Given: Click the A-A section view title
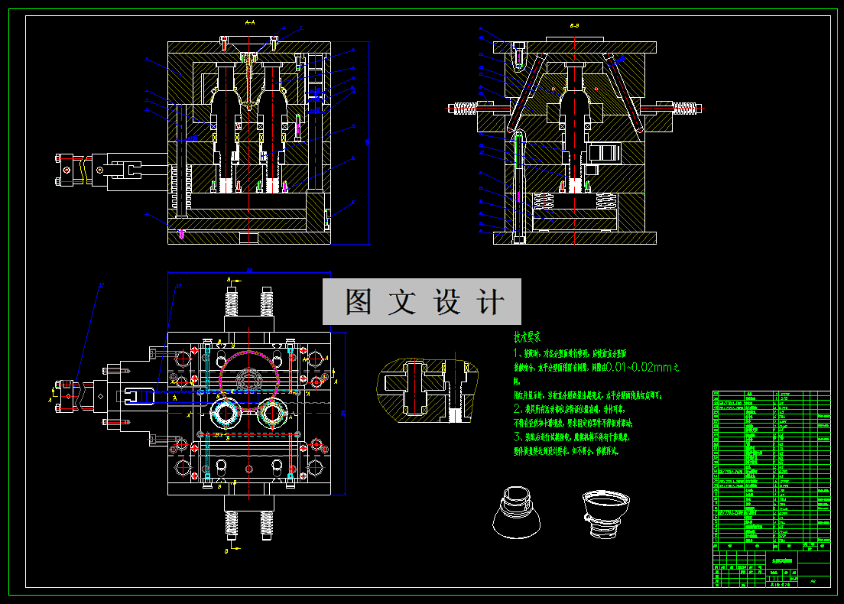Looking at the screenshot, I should [249, 24].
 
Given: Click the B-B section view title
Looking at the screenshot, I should [574, 26].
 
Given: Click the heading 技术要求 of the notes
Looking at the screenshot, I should [527, 336].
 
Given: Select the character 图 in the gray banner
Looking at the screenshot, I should [359, 301].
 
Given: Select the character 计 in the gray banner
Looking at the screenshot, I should [489, 301].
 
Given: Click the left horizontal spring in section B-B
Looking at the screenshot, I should [466, 109].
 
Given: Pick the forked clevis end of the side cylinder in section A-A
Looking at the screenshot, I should [134, 168].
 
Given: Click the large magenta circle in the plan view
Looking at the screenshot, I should [248, 374].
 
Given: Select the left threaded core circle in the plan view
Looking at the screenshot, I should [226, 413].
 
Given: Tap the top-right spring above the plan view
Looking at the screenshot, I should [268, 300].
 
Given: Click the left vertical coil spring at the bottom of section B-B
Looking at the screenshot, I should [544, 203].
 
